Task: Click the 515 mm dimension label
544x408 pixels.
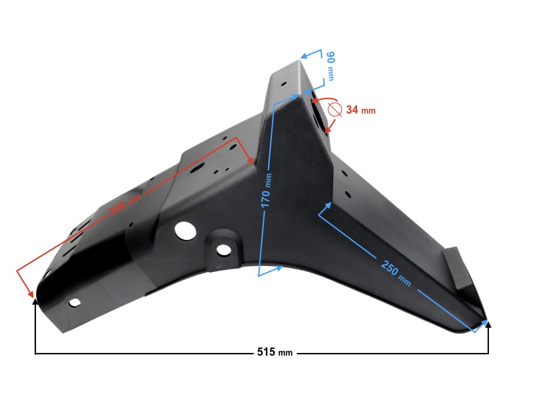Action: click(x=275, y=353)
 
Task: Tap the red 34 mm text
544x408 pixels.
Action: click(x=360, y=109)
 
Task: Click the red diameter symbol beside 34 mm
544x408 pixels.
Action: click(x=334, y=109)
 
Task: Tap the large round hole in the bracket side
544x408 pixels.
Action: click(x=184, y=231)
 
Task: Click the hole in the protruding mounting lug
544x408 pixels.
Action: click(x=224, y=250)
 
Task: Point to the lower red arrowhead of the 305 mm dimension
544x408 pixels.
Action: click(x=31, y=294)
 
